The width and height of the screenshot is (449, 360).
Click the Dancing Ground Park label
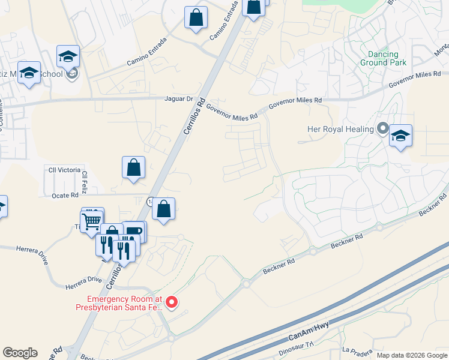[x=383, y=58]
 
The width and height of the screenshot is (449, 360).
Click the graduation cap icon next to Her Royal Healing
[x=400, y=136]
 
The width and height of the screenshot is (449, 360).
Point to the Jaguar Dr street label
[x=179, y=99]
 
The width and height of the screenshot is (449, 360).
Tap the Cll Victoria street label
[x=63, y=170]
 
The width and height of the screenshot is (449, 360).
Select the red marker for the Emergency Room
[x=171, y=302]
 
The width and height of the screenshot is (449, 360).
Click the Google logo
[x=20, y=353]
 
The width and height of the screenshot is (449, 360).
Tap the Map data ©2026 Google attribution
[x=411, y=355]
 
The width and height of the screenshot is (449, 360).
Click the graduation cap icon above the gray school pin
[x=68, y=57]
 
